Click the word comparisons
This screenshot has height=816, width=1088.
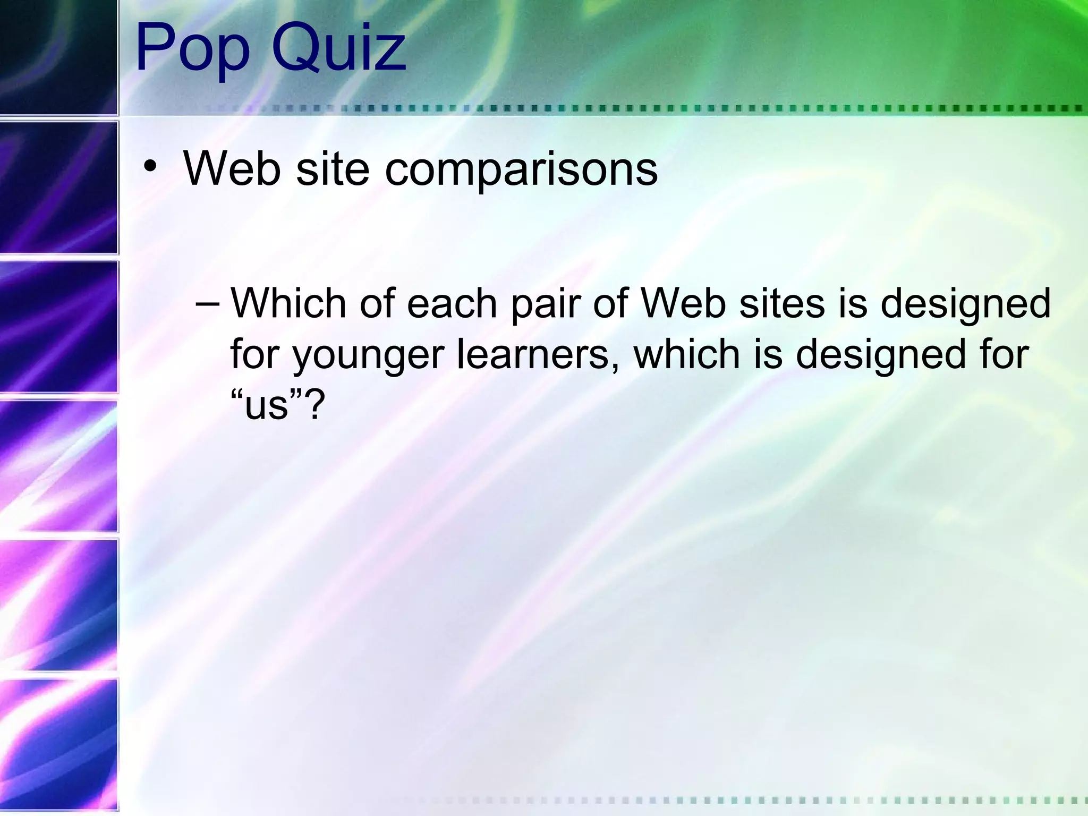521,170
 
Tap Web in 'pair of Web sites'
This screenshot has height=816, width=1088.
683,303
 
